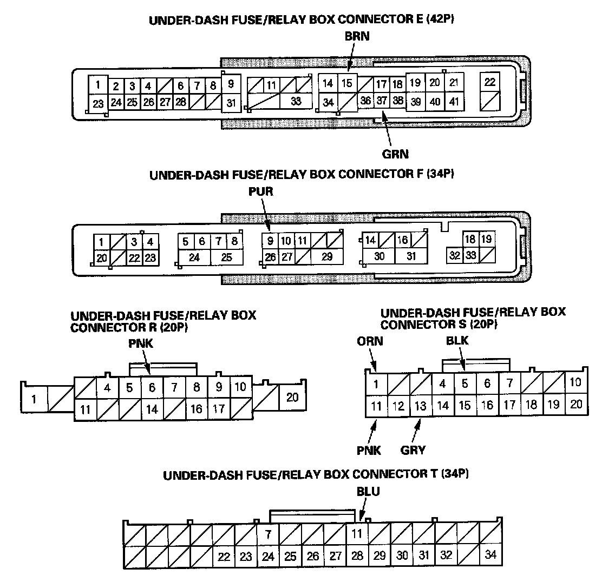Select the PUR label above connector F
click(262, 191)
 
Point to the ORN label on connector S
click(370, 341)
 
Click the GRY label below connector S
click(413, 450)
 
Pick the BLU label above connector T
click(368, 492)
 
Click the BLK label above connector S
click(457, 341)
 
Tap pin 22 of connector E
click(490, 82)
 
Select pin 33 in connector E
click(296, 101)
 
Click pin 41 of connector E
click(454, 101)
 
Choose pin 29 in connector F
click(326, 257)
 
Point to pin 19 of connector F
click(486, 239)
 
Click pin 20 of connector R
click(292, 398)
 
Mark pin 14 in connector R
click(152, 409)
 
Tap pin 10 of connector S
click(575, 382)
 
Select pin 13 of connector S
click(421, 405)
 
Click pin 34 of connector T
click(490, 555)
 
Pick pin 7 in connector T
click(267, 534)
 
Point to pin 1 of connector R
click(34, 400)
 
